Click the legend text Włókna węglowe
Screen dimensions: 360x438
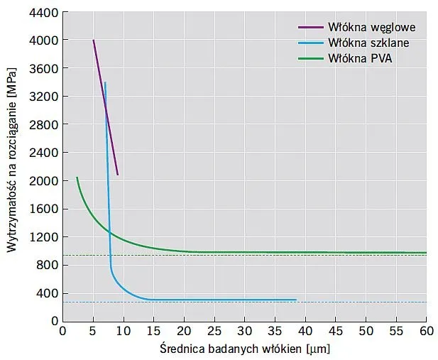click(371, 27)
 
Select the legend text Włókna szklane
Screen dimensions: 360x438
click(368, 43)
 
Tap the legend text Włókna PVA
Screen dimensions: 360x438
click(360, 58)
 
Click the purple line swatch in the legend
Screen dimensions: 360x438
click(310, 27)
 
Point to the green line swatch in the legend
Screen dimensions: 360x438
click(310, 58)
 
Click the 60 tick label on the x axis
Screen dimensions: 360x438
click(426, 331)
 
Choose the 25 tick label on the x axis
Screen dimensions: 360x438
click(214, 331)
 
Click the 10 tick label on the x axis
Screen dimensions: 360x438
click(123, 331)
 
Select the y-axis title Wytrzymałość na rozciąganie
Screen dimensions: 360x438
click(12, 166)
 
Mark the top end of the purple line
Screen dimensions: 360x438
click(93, 40)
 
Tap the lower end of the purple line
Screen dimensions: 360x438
click(117, 175)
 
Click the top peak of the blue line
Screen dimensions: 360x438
click(105, 82)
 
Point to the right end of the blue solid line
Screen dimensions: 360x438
click(296, 300)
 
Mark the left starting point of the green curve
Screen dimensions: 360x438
click(77, 178)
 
